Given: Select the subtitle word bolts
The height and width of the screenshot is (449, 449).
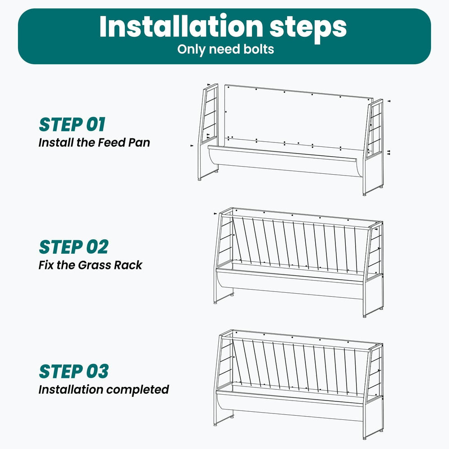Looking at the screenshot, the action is point(259,49).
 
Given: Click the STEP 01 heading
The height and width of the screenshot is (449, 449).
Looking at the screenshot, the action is point(72,124).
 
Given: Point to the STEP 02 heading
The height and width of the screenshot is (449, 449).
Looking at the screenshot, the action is point(74,247).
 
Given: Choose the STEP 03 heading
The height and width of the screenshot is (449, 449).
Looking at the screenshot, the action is point(74,371).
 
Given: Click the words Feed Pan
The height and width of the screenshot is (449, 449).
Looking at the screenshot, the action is point(124,142).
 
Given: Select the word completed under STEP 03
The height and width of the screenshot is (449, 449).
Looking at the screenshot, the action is point(138,390).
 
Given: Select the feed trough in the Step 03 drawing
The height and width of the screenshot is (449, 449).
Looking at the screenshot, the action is point(289,405).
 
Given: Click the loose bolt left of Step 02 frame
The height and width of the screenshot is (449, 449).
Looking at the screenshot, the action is point(215,214).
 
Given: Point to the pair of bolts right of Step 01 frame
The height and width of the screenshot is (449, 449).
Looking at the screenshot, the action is point(388,152).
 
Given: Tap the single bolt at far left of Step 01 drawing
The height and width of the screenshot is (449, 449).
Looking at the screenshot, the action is point(192,146).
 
